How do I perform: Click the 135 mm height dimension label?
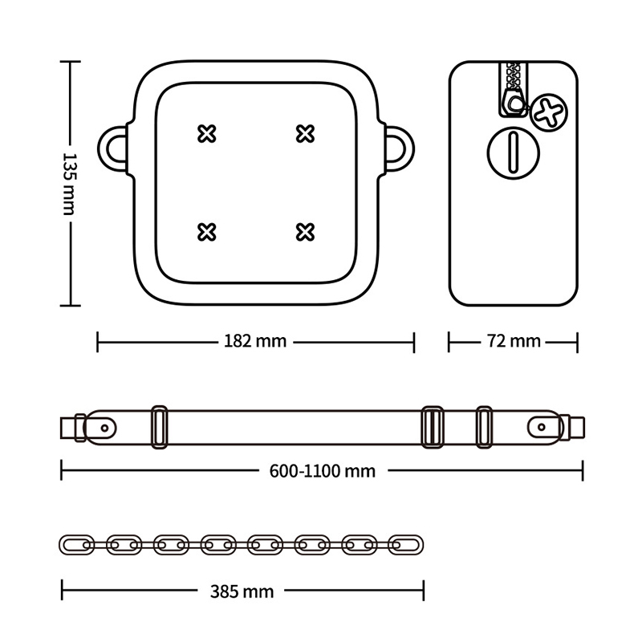click(x=69, y=184)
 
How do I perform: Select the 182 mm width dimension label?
click(x=255, y=341)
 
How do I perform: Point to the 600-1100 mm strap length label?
click(x=323, y=471)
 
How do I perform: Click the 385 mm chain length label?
click(x=242, y=591)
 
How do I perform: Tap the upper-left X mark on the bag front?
click(x=207, y=134)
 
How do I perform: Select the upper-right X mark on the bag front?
click(x=305, y=134)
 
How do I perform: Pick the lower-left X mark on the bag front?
click(x=207, y=232)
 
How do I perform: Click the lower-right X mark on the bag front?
click(x=305, y=232)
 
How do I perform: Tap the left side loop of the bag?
click(x=103, y=148)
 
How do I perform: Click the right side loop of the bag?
click(x=409, y=148)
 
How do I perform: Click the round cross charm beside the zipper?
click(x=549, y=112)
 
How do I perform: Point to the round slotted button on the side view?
click(x=513, y=152)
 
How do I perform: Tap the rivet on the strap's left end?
click(x=105, y=429)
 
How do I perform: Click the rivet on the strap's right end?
click(x=541, y=428)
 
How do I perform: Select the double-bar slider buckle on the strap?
click(x=433, y=427)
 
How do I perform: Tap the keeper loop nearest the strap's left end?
click(x=152, y=427)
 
